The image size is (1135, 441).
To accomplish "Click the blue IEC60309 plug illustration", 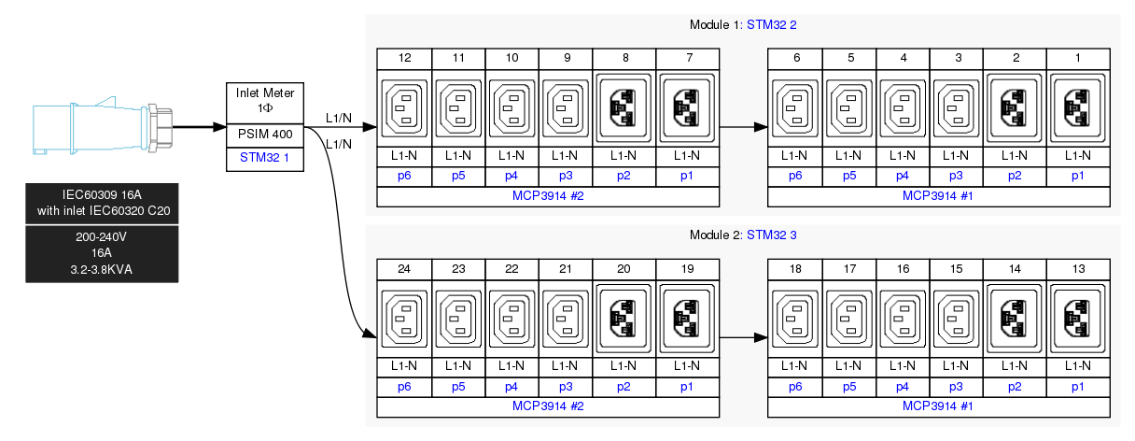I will click(x=103, y=124).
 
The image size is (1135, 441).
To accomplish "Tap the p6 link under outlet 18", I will click(x=794, y=386).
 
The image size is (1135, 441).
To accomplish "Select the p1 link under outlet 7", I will click(x=688, y=175).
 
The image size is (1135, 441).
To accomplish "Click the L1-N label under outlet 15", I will click(x=956, y=365).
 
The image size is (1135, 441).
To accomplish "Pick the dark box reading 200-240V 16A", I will click(x=102, y=254).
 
